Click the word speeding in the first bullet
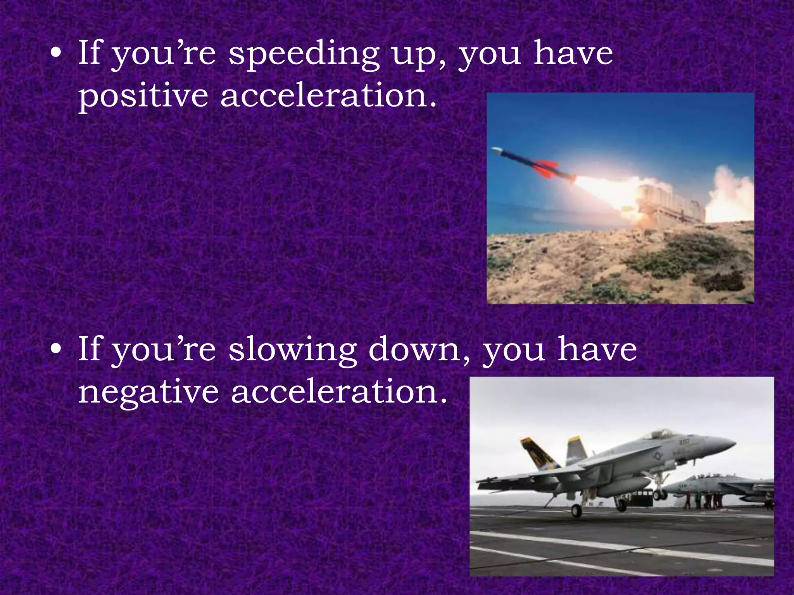(303, 55)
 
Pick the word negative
(148, 392)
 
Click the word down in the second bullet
(419, 350)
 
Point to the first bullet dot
(57, 55)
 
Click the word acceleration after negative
(339, 392)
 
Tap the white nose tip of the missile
(495, 150)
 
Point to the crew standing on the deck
(702, 500)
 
